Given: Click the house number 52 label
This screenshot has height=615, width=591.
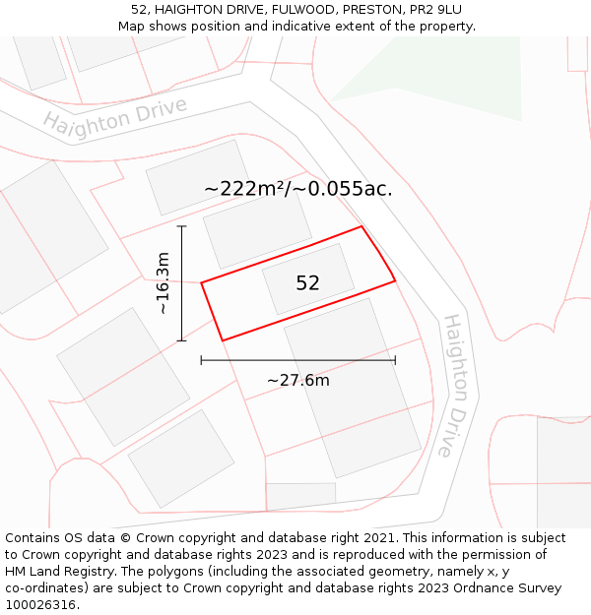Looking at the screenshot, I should (x=307, y=283).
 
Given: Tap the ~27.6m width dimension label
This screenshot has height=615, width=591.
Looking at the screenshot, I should (x=297, y=381).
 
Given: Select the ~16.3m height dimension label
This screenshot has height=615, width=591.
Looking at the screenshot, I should (x=164, y=283).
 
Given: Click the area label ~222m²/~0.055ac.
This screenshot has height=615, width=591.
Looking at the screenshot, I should (x=297, y=189).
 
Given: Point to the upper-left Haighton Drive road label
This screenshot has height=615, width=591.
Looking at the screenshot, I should (x=114, y=119).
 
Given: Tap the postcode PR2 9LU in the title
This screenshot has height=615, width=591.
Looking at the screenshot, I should (x=435, y=9).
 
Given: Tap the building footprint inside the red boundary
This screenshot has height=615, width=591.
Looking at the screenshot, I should (x=307, y=278).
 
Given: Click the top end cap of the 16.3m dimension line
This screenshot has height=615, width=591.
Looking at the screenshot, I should (x=181, y=226).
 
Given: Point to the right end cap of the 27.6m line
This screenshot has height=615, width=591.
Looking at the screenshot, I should (x=395, y=360).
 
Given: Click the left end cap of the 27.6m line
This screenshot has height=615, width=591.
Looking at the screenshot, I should (x=201, y=360).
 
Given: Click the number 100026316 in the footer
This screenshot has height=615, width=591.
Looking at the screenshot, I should (x=42, y=605).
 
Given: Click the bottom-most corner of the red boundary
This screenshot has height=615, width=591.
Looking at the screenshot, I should (x=223, y=340).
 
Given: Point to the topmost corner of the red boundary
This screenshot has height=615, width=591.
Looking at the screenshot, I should (x=361, y=226).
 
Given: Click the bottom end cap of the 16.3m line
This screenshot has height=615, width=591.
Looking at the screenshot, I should (x=181, y=340).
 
